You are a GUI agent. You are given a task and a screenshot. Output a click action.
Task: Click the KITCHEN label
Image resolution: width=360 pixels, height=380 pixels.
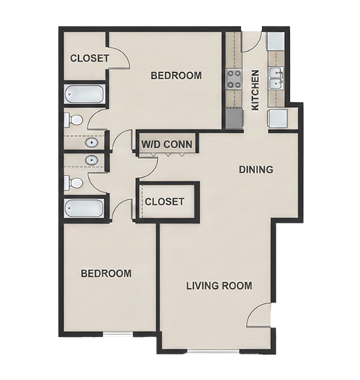pos(255,90)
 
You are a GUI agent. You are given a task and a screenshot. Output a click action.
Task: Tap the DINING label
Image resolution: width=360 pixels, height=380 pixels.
pos(256,169)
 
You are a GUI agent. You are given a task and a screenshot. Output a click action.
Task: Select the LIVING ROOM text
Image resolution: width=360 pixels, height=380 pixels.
pos(219,286)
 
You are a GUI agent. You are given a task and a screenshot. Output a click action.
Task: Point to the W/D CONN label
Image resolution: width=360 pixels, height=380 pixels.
pos(167,144)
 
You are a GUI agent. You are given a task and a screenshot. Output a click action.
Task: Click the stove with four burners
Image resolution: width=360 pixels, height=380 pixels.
pos(234,79)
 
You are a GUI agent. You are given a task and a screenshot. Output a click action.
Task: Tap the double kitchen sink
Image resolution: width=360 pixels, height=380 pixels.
pos(276,78)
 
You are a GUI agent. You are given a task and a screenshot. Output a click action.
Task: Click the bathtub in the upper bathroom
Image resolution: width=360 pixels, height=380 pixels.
pos(84,94)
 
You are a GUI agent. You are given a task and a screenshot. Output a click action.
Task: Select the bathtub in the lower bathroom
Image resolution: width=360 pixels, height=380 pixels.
pos(84,208)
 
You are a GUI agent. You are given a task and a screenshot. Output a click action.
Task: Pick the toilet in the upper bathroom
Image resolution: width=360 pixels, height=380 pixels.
pos(73,120)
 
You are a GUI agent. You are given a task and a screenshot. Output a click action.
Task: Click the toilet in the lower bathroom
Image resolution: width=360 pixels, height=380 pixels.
pos(73,183)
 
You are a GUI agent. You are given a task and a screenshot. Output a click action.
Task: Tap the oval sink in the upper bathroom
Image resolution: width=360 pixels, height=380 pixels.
pos(91,143)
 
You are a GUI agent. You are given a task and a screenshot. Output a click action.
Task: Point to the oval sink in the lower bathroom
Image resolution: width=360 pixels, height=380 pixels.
pos(91,160)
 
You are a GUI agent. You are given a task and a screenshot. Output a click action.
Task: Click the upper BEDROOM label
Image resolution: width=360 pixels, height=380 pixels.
pos(176,75)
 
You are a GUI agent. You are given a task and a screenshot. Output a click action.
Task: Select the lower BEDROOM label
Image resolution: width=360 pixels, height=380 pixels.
pos(106,274)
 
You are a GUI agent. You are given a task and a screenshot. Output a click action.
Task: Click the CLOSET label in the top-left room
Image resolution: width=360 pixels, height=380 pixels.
pos(90,59)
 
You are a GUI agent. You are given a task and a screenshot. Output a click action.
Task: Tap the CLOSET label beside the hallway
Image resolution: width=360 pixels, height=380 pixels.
pos(165,201)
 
